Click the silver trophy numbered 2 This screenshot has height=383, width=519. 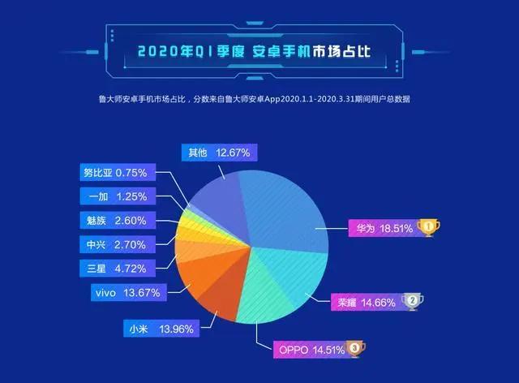point(414,301)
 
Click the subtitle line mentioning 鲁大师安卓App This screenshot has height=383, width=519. point(259,99)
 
